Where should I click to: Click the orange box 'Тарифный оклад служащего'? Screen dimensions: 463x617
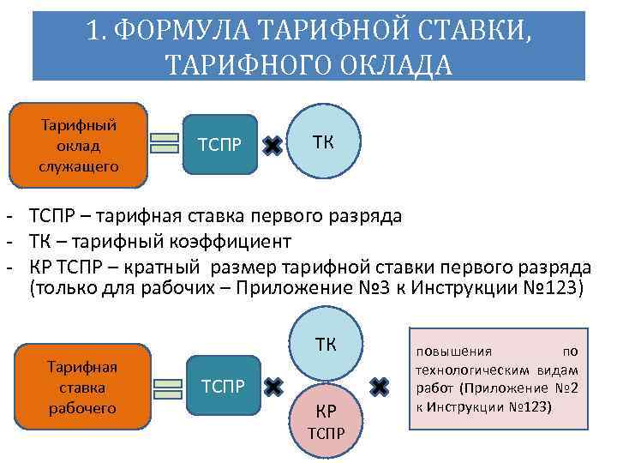pyautogui.click(x=78, y=145)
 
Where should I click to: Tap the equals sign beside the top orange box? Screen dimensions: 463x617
pyautogui.click(x=165, y=143)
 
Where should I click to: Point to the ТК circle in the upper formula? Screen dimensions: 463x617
pyautogui.click(x=323, y=141)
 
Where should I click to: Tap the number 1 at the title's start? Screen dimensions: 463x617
pyautogui.click(x=94, y=32)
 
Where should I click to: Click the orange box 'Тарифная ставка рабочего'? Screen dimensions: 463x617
pyautogui.click(x=82, y=387)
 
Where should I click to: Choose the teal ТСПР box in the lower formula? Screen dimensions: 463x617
pyautogui.click(x=222, y=386)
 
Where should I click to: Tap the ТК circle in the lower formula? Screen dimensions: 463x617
pyautogui.click(x=325, y=345)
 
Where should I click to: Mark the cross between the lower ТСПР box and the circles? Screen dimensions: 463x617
pyautogui.click(x=273, y=387)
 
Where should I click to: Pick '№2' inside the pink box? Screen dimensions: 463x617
pyautogui.click(x=565, y=387)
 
